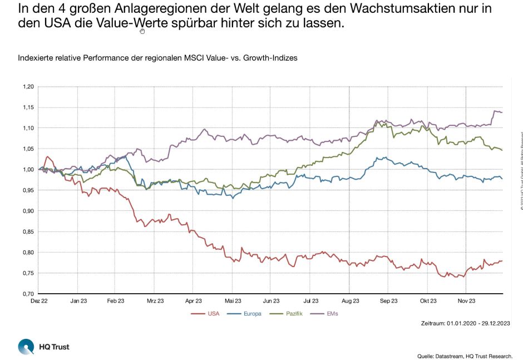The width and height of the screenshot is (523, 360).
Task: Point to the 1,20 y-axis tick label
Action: pos(28,87)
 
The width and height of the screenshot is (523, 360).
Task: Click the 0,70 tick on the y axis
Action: pos(28,294)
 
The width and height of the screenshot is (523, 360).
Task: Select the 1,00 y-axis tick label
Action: pos(28,170)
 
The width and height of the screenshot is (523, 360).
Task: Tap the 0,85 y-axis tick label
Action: pos(28,231)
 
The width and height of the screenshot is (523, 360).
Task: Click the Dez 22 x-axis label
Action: pos(39,301)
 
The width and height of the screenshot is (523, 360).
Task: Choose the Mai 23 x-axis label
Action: pos(233,301)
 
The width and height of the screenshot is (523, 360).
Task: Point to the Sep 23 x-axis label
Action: pos(388,301)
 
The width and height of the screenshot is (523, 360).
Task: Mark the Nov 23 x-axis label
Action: pos(466,301)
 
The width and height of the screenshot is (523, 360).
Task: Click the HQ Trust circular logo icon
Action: pos(26,347)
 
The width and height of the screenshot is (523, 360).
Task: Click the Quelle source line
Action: pos(465,356)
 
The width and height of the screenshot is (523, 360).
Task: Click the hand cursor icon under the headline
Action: pos(142,31)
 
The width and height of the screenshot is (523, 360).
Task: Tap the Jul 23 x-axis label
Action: pos(310,301)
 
